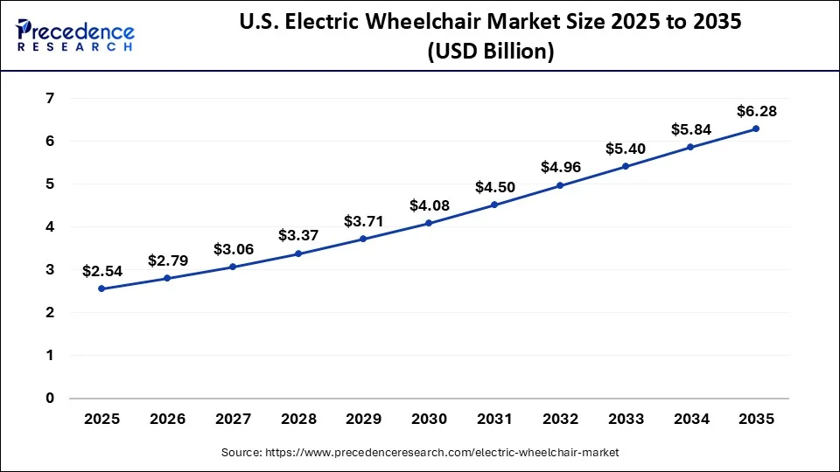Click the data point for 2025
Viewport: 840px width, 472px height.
pos(102,288)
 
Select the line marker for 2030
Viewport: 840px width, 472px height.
pos(429,223)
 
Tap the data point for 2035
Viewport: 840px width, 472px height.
pos(756,128)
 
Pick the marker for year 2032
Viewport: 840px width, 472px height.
pos(560,185)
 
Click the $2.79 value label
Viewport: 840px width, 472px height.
pos(168,260)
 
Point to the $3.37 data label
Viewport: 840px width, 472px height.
pos(298,235)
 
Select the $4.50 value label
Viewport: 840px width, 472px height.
pos(494,187)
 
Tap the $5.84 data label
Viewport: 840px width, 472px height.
pos(690,129)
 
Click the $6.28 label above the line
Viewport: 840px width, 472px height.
pos(756,111)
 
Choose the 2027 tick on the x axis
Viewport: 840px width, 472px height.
pos(233,420)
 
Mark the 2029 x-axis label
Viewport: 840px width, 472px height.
pos(364,420)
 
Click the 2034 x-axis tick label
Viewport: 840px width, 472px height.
pos(690,420)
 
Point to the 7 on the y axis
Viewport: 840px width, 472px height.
pos(49,99)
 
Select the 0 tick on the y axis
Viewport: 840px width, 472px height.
pos(49,399)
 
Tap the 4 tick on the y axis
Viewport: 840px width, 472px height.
pos(49,227)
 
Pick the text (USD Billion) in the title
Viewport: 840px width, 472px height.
pos(490,52)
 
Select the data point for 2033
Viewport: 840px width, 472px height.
pos(626,166)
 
